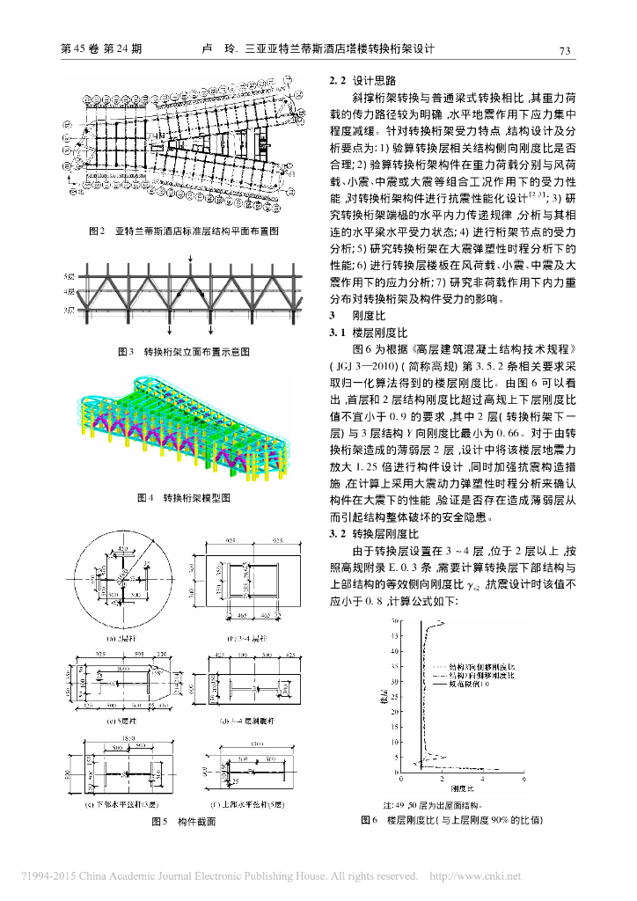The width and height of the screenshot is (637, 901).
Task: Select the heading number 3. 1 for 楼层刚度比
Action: tap(339, 333)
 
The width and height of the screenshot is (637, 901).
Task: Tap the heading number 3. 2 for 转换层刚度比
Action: tap(339, 533)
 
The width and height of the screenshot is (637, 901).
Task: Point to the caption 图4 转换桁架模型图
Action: tap(184, 497)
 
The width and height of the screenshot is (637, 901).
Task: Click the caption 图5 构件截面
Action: tap(184, 822)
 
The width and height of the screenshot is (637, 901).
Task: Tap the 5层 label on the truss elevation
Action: tap(70, 277)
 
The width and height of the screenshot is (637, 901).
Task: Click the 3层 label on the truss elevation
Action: tap(70, 311)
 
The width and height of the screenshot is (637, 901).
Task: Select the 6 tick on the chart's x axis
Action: tap(524, 780)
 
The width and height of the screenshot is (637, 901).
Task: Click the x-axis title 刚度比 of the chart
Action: tap(463, 789)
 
